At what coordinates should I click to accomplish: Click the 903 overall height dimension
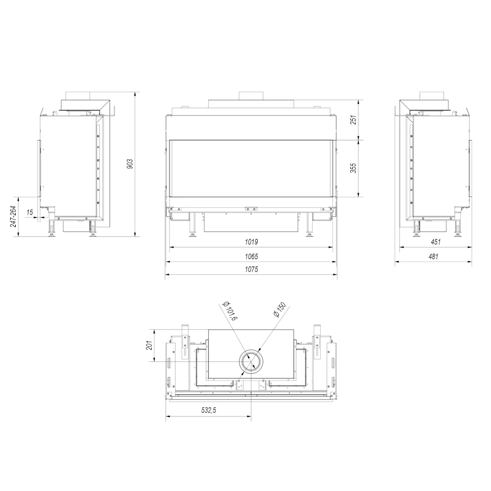(x=130, y=164)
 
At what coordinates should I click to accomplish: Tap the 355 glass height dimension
(x=354, y=167)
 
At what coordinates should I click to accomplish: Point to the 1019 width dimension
(x=251, y=242)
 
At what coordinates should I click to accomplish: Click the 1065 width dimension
(x=251, y=256)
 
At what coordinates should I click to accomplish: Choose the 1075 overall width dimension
(x=251, y=269)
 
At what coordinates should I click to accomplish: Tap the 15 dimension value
(x=30, y=212)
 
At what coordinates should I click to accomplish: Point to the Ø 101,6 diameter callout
(x=229, y=312)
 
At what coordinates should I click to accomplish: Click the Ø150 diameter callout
(x=278, y=310)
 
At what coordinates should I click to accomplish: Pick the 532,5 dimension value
(x=208, y=411)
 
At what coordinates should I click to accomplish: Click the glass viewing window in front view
(x=251, y=168)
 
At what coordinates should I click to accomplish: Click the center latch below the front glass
(x=251, y=208)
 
